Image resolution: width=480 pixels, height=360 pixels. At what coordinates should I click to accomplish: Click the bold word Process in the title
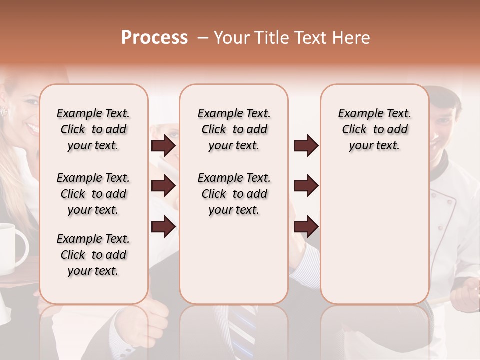pos(154,38)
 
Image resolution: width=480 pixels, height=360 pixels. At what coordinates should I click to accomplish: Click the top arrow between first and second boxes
pos(163,146)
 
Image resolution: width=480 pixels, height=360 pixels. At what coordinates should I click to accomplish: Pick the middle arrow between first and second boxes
pos(163,186)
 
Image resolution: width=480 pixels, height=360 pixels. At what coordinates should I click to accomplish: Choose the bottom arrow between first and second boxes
pos(163,227)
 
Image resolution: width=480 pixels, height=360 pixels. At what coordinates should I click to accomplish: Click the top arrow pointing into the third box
pos(306,146)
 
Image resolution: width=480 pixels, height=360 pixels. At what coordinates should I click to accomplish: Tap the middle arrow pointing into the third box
pos(306,186)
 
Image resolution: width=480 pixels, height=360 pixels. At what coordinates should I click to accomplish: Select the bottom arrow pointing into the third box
pos(306,227)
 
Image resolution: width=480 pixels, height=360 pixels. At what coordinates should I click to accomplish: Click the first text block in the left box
pos(93,129)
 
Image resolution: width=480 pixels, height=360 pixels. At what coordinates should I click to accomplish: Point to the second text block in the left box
pos(93,194)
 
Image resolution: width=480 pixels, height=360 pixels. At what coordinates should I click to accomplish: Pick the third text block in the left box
pos(93,255)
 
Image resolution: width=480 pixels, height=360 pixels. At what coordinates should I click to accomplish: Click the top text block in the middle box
pos(234,129)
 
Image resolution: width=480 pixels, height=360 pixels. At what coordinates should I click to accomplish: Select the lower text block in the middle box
pos(234,194)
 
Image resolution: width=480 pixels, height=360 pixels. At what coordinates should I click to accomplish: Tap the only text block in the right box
pos(374,129)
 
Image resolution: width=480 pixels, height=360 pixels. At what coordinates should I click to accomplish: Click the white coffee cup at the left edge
pos(12,247)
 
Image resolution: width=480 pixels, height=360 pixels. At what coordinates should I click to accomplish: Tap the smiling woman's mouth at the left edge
pos(33,128)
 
